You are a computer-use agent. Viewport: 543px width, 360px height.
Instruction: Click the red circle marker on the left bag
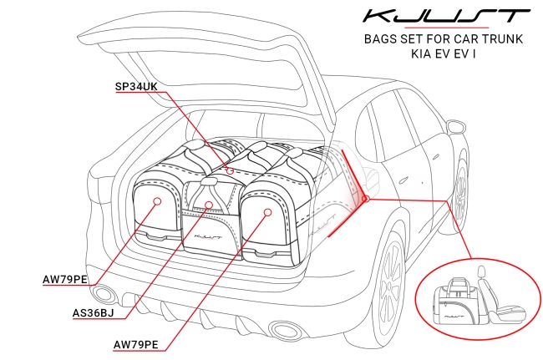click(x=157, y=200)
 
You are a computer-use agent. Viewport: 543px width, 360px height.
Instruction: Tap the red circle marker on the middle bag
click(x=210, y=203)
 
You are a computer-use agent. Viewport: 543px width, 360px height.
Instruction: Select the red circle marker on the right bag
click(x=267, y=212)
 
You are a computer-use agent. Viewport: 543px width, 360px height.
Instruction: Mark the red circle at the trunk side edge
click(x=364, y=198)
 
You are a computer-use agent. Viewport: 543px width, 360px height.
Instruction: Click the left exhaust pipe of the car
click(x=104, y=293)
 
